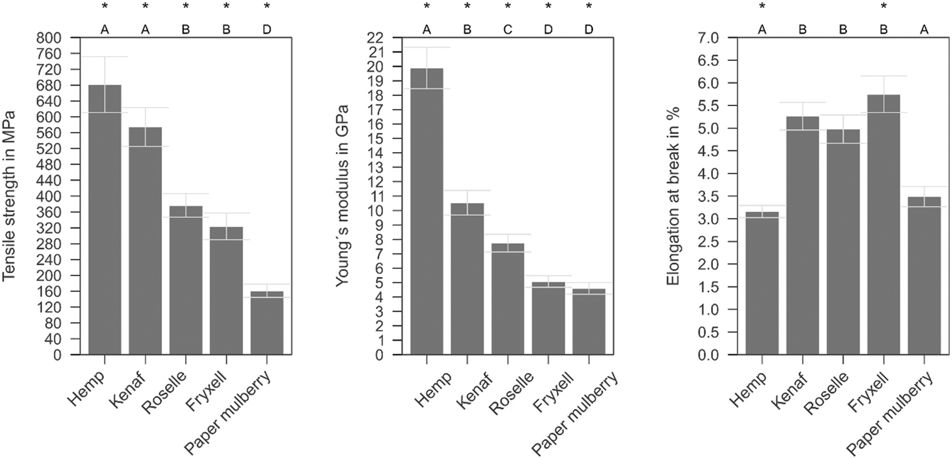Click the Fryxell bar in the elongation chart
tap(883, 225)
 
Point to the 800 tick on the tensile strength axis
tap(49, 38)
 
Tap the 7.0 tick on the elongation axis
tap(707, 38)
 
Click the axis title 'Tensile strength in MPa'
tap(9, 196)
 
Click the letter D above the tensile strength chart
tap(267, 30)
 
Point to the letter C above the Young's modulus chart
tap(508, 30)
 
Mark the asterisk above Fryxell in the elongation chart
tap(884, 7)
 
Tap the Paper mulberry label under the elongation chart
tap(889, 414)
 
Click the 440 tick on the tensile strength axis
tap(49, 180)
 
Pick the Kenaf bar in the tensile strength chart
tap(145, 241)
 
